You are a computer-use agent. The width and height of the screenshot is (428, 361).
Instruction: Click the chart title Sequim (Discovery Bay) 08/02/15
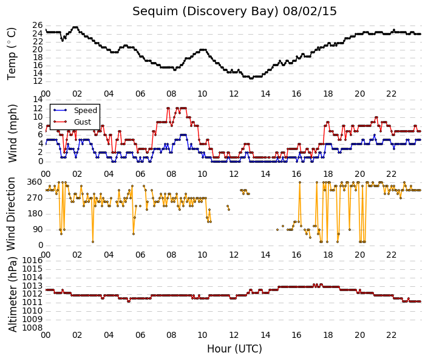click(x=234, y=12)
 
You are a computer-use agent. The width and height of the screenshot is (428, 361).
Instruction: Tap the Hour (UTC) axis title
click(x=234, y=349)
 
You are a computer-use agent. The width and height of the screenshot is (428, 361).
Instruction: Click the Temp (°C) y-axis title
click(x=12, y=54)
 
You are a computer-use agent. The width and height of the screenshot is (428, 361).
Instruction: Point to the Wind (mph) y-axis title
click(x=12, y=133)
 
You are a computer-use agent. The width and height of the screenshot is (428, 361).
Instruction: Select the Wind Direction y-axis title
click(x=11, y=214)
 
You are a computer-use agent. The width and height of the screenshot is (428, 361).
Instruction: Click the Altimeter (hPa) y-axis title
click(x=12, y=294)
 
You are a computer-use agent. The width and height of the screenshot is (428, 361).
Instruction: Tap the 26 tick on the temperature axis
click(x=38, y=26)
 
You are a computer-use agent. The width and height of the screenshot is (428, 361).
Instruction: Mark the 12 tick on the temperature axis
click(x=38, y=81)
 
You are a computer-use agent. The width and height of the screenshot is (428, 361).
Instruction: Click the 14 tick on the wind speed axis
click(x=38, y=99)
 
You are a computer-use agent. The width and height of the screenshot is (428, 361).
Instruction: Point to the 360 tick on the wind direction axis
click(x=35, y=182)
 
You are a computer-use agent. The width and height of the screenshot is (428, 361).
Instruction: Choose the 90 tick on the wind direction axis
click(x=38, y=230)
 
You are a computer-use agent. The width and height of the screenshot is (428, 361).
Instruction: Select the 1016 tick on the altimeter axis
click(x=32, y=261)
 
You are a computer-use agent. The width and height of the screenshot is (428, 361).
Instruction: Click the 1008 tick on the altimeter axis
click(x=32, y=328)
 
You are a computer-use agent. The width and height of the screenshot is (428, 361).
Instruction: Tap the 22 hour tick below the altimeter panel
click(x=391, y=335)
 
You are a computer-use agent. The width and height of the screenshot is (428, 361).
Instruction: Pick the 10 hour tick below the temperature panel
click(x=202, y=94)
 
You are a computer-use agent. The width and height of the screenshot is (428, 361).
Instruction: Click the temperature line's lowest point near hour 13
click(x=251, y=78)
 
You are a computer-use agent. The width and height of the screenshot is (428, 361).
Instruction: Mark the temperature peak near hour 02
click(x=75, y=27)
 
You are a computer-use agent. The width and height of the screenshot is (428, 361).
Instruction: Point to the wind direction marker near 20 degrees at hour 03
click(x=93, y=242)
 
